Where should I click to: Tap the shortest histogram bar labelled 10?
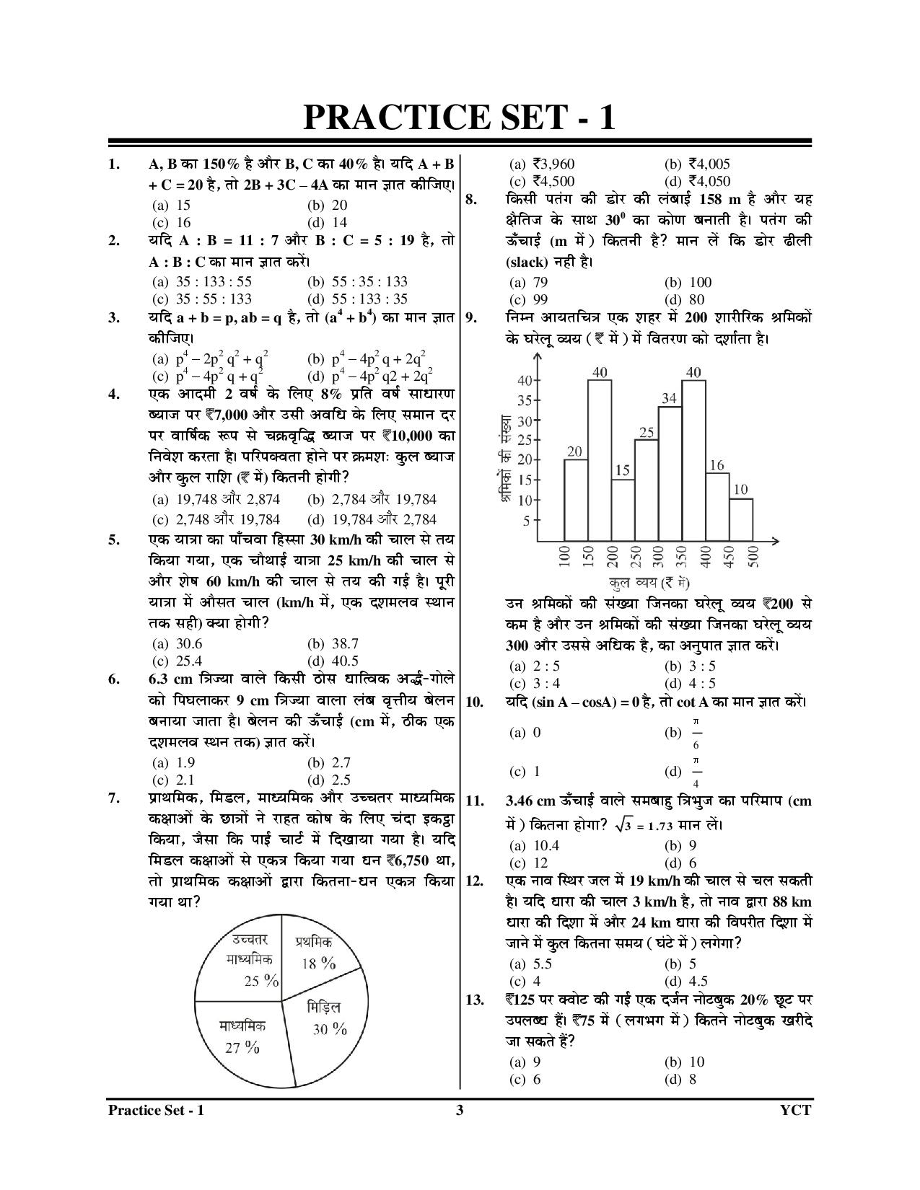point(741,519)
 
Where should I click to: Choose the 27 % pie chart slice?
point(242,1039)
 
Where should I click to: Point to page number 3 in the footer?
point(460,1110)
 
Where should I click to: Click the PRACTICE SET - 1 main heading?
point(460,118)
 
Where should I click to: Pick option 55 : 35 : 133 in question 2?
point(356,281)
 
